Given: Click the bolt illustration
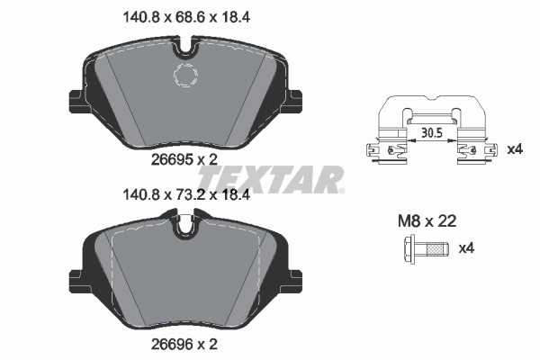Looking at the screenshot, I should click(424, 247).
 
